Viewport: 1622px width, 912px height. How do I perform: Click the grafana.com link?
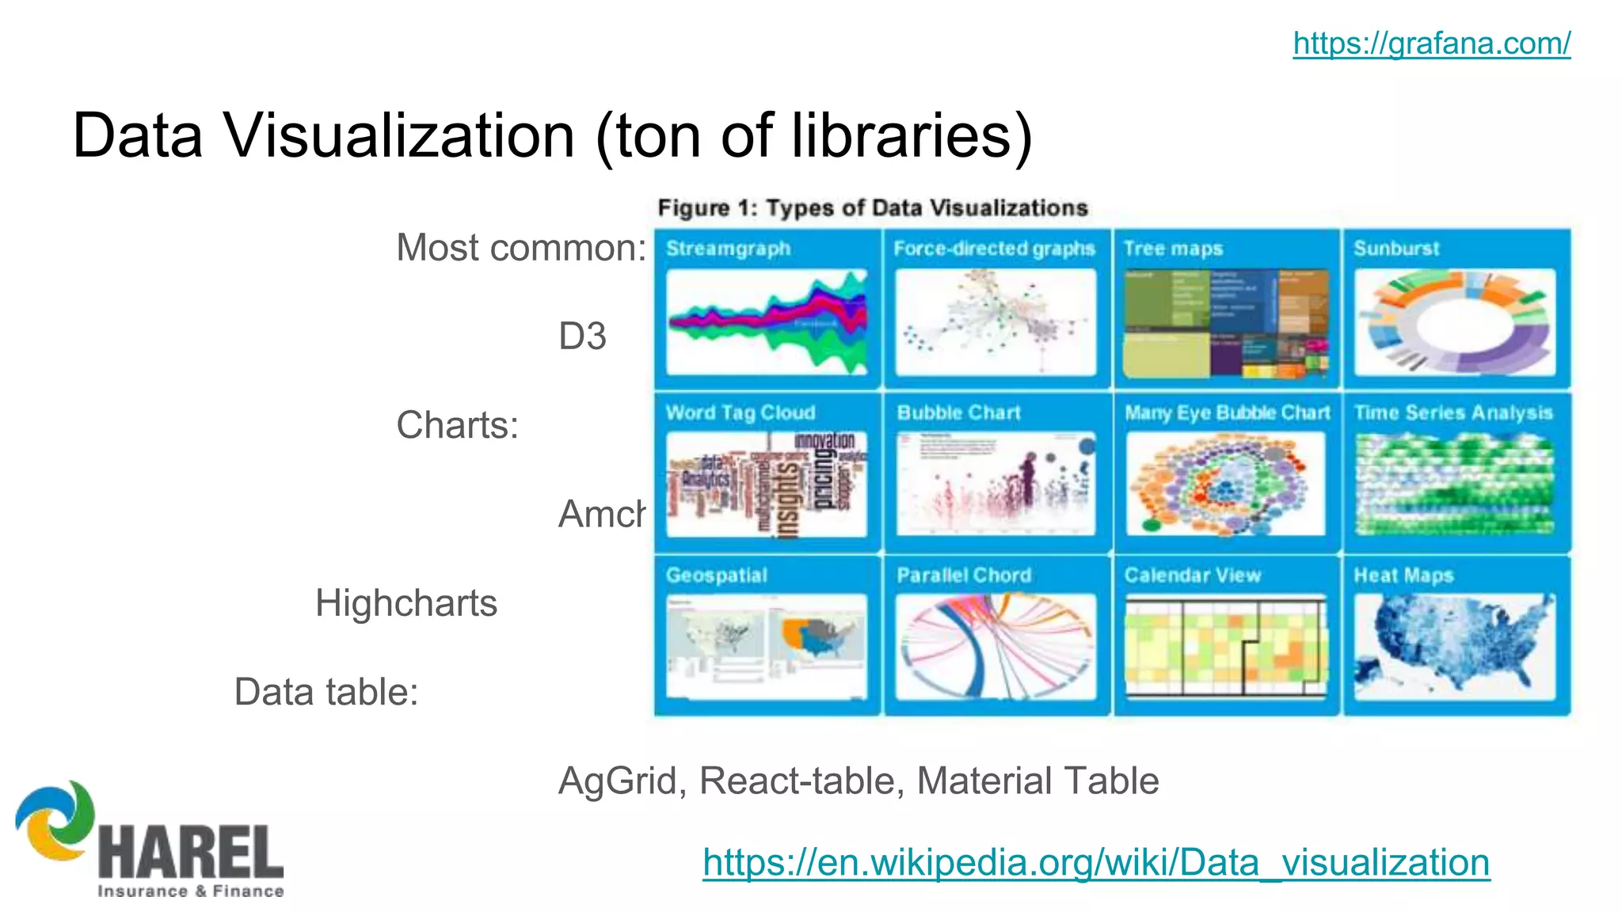1431,43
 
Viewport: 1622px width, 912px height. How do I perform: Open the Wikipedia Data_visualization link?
1095,861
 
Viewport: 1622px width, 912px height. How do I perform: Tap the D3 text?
582,336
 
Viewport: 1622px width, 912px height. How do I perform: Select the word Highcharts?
406,603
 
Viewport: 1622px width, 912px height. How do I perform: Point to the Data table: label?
326,692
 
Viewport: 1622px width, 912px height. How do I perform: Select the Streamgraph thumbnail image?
767,321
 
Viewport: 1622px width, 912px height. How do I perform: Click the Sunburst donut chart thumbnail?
1455,321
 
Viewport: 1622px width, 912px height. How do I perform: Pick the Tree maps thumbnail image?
1226,323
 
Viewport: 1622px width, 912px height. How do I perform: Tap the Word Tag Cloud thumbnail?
767,484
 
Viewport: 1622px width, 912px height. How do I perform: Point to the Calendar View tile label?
1192,576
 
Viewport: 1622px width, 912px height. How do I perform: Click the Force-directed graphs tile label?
994,249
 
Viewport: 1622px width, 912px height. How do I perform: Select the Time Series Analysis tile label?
1453,412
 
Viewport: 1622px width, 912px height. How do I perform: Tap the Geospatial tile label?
717,576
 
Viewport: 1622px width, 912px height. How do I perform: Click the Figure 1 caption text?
873,208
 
